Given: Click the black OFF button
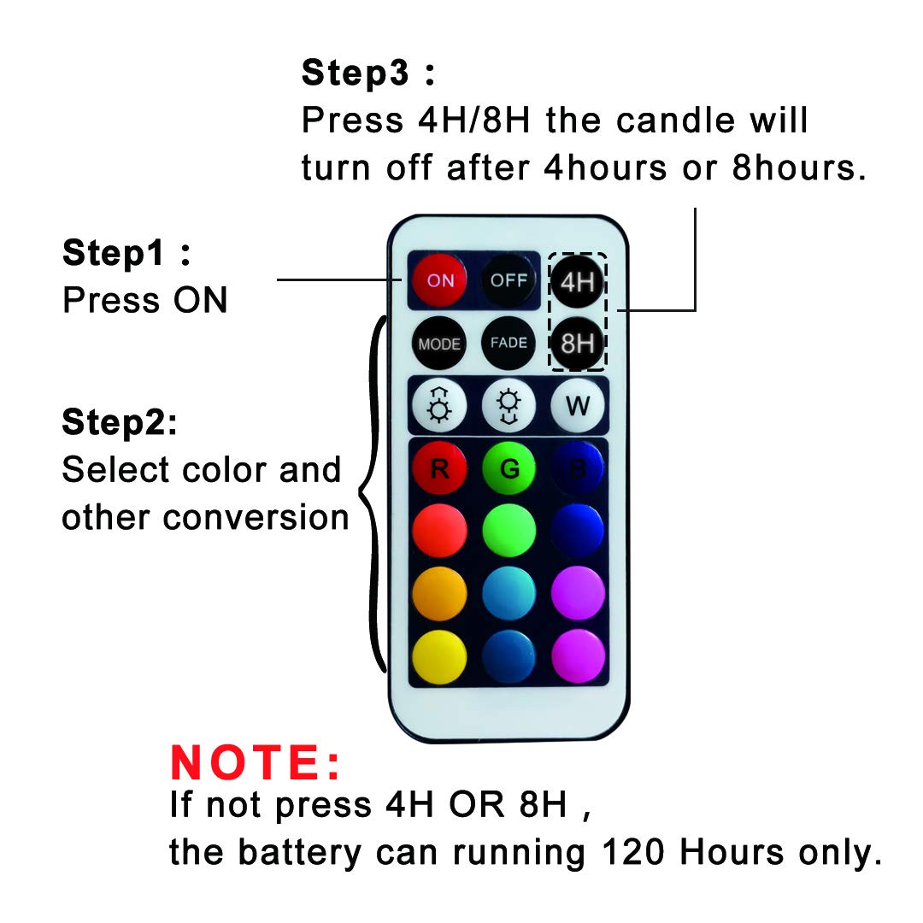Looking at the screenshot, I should click(x=509, y=280).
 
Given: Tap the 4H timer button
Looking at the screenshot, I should click(x=578, y=281).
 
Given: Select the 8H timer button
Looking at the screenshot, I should click(x=578, y=343).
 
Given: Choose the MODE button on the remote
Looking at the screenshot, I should click(x=439, y=344).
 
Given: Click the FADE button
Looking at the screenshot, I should click(x=509, y=343).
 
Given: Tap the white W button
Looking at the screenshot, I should click(x=578, y=405).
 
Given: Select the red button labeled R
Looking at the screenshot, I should click(x=439, y=468).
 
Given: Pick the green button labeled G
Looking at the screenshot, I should click(x=509, y=468).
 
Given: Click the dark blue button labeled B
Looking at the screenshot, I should click(x=578, y=468).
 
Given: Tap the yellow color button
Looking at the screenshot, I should click(x=439, y=656).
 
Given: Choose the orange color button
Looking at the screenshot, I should click(x=439, y=592).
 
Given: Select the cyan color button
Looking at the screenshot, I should click(x=509, y=592).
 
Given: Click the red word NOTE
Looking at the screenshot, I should click(x=256, y=763).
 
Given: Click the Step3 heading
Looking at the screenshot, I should click(x=368, y=73).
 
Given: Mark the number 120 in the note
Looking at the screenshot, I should click(x=636, y=852).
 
